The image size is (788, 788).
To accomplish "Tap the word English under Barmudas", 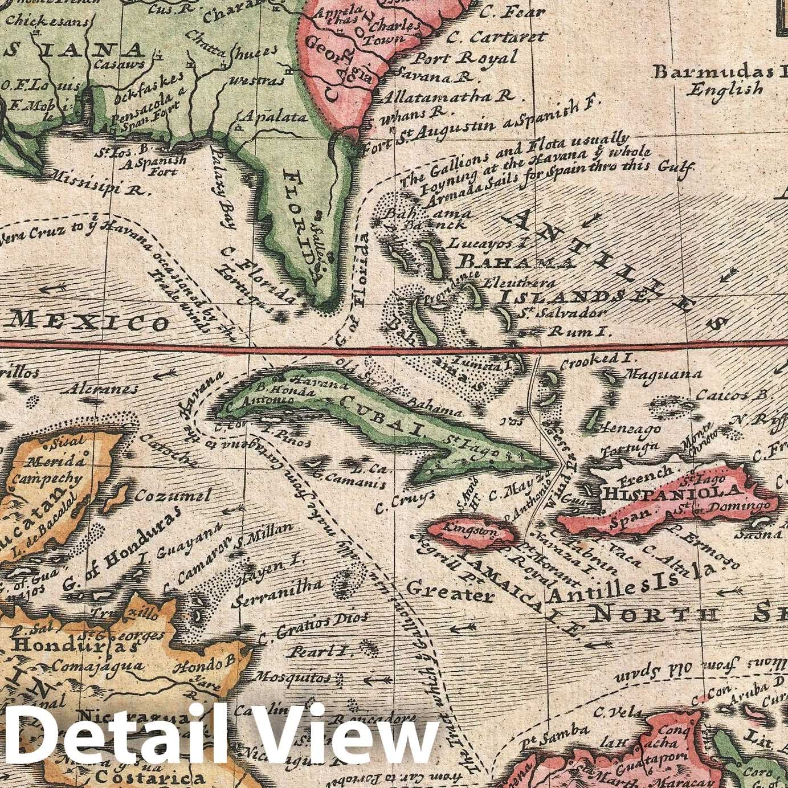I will coord(724,89).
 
